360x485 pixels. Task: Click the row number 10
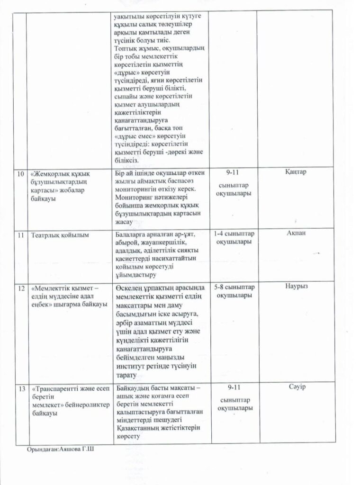coord(20,174)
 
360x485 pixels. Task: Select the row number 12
coord(20,288)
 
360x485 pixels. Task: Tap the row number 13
coord(20,388)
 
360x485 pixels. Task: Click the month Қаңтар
coord(297,172)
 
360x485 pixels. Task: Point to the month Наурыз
coord(297,287)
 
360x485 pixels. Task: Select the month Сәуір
coord(297,387)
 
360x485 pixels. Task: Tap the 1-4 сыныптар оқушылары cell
coord(234,238)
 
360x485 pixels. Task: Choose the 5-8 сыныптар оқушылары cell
coord(234,292)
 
